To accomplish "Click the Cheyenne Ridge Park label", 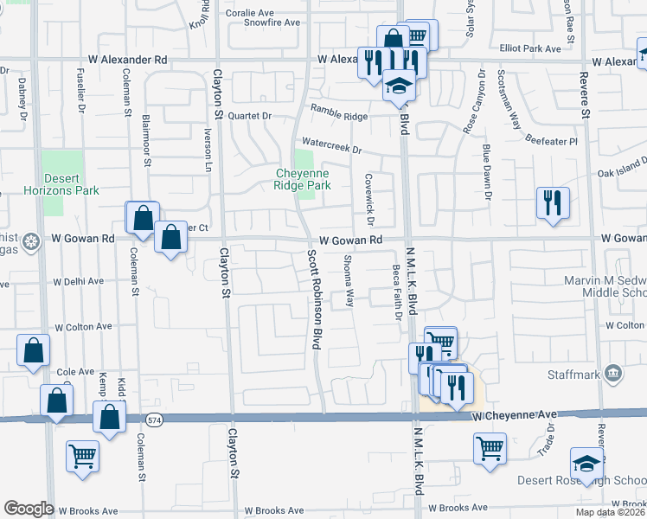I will [x=303, y=179].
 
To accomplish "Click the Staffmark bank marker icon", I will [x=614, y=374].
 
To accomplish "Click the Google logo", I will [x=29, y=509].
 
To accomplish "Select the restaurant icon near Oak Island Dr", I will [x=553, y=203].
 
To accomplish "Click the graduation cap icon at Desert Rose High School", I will [x=586, y=463].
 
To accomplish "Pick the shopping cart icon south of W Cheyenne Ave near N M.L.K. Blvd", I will [x=490, y=449].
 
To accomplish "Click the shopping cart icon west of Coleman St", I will [x=83, y=456].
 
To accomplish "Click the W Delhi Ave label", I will [x=78, y=281].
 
